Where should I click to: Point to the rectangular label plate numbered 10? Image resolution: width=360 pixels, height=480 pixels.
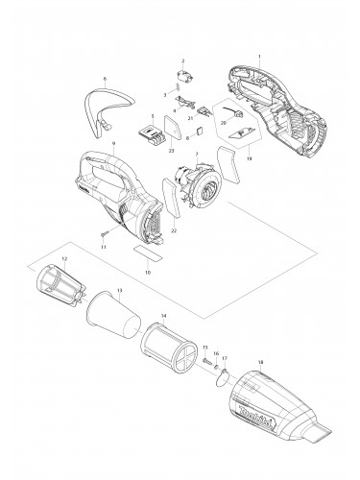149,253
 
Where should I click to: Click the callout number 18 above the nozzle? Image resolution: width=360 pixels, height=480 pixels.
260,363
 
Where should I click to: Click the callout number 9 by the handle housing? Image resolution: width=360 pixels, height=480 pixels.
114,143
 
